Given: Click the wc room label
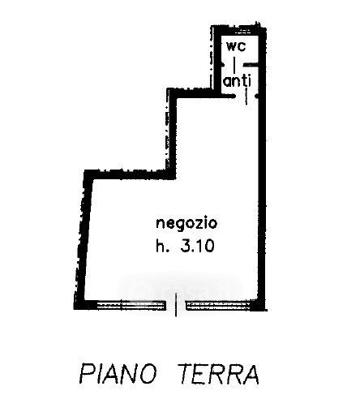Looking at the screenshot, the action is [236, 46].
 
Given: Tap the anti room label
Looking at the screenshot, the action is [237, 81].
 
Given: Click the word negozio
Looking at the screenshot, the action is [186, 223].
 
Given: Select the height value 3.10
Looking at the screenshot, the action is [198, 247].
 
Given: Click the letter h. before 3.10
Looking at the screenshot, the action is [162, 246].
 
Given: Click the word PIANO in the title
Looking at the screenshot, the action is [118, 374].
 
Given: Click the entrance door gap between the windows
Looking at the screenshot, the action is [176, 305].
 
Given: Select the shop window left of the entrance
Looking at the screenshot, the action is [131, 305].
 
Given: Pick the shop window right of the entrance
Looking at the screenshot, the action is [218, 306].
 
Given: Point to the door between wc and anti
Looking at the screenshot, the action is [234, 65].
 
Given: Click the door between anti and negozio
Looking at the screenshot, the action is [246, 96].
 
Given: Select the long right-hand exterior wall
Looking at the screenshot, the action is [262, 168].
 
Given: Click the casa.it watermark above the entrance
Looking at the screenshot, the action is [180, 290].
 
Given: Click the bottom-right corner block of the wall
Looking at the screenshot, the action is [258, 305].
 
